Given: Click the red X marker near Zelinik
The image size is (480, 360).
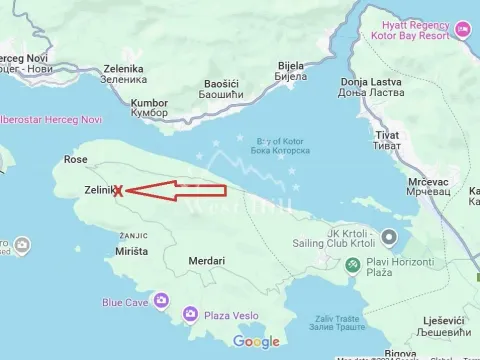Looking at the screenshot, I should [x=118, y=190].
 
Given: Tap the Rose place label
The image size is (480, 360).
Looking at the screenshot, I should [x=76, y=160].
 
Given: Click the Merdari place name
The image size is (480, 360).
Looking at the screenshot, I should [x=206, y=261].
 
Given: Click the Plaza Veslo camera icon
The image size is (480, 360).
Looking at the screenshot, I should [x=190, y=315].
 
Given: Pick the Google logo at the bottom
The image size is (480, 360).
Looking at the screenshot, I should [x=256, y=342].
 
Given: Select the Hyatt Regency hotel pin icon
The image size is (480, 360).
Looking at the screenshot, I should [x=462, y=29].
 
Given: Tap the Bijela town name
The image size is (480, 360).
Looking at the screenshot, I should [x=289, y=68].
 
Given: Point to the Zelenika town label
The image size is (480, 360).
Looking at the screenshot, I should [x=123, y=70].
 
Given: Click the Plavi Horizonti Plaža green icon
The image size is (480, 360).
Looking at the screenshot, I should [x=352, y=265].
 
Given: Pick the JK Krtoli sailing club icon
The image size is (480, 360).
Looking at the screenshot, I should [x=390, y=237].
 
